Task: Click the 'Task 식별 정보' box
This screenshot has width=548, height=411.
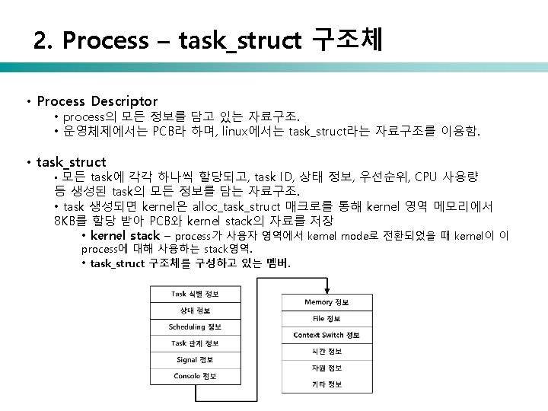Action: [x=195, y=294]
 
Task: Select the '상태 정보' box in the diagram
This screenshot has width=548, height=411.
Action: [x=195, y=311]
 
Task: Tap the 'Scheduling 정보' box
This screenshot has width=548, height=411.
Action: [x=195, y=327]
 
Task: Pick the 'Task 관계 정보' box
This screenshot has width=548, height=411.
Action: [x=195, y=343]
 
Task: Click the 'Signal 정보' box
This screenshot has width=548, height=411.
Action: [x=195, y=359]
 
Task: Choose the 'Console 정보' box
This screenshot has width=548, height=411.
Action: [x=195, y=376]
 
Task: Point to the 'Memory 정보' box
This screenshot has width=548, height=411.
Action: [x=327, y=303]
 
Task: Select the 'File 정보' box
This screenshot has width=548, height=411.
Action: [x=327, y=319]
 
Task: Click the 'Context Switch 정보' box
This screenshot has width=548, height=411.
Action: [x=327, y=335]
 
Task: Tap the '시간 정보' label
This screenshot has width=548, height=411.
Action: [x=327, y=352]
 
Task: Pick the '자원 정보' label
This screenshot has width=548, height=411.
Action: [x=327, y=368]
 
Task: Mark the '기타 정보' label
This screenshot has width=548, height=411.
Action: [x=327, y=384]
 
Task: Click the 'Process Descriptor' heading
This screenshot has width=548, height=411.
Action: [x=97, y=100]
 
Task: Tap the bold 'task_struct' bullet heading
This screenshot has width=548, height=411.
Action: [x=71, y=161]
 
